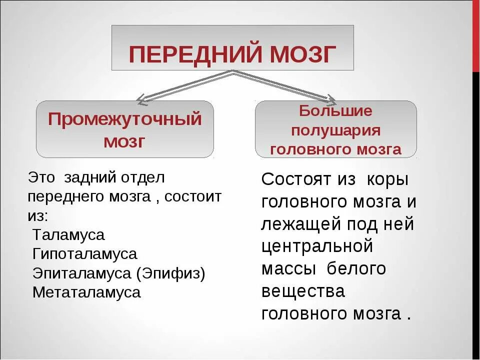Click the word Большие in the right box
(x=336, y=110)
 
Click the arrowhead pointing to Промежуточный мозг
(x=143, y=100)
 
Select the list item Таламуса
(x=68, y=234)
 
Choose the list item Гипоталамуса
(x=84, y=253)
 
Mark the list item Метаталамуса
(x=86, y=292)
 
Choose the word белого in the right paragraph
(x=356, y=268)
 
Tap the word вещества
(x=303, y=291)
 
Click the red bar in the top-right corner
(x=475, y=35)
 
